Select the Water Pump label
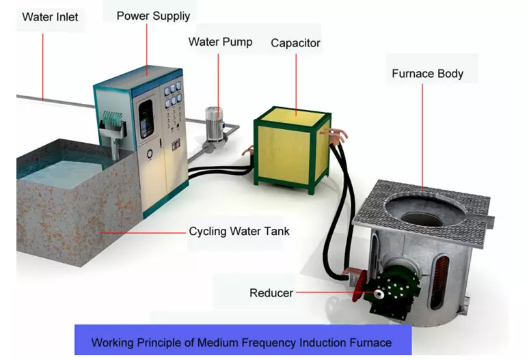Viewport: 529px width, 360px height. tap(220, 42)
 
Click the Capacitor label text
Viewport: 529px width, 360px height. tap(295, 43)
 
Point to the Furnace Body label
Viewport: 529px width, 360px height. tap(427, 73)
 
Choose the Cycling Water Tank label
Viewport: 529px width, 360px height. tap(239, 231)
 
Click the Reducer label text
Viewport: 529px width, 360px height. tap(271, 293)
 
